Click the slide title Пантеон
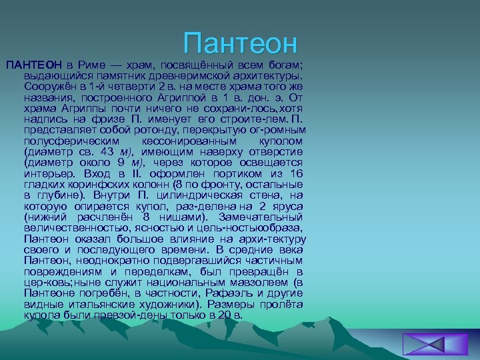pyautogui.click(x=241, y=43)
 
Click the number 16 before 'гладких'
pyautogui.click(x=296, y=173)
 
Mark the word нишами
pyautogui.click(x=179, y=217)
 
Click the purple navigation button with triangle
pyautogui.click(x=425, y=344)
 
